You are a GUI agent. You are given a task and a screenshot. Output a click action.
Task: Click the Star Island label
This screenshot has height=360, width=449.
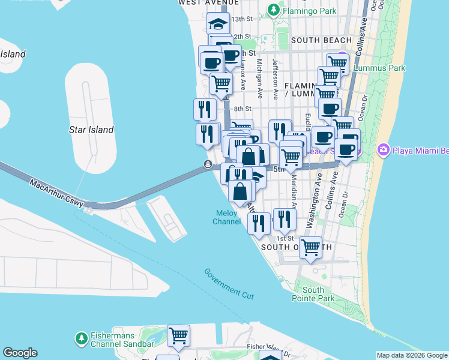[92, 130]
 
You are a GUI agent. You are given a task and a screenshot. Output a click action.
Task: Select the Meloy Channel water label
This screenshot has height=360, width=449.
[227, 217]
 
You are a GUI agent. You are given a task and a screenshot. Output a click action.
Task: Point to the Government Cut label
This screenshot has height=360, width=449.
[229, 284]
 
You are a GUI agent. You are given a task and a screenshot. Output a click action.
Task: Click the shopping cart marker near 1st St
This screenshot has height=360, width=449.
[310, 247]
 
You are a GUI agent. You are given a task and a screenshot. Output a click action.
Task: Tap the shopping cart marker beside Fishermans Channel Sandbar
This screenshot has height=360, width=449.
[178, 335]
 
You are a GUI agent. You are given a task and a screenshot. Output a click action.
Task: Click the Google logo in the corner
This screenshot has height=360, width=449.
[20, 353]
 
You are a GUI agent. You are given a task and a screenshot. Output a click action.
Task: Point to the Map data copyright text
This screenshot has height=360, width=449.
[412, 355]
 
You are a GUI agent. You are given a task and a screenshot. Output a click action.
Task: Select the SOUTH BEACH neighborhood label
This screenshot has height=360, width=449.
[321, 40]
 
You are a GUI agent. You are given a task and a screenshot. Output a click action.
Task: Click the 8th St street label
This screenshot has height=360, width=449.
[242, 109]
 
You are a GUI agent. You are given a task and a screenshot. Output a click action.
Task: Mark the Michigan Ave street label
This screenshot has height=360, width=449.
[259, 78]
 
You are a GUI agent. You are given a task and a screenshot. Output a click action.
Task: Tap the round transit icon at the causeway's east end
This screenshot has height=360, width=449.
[208, 165]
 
